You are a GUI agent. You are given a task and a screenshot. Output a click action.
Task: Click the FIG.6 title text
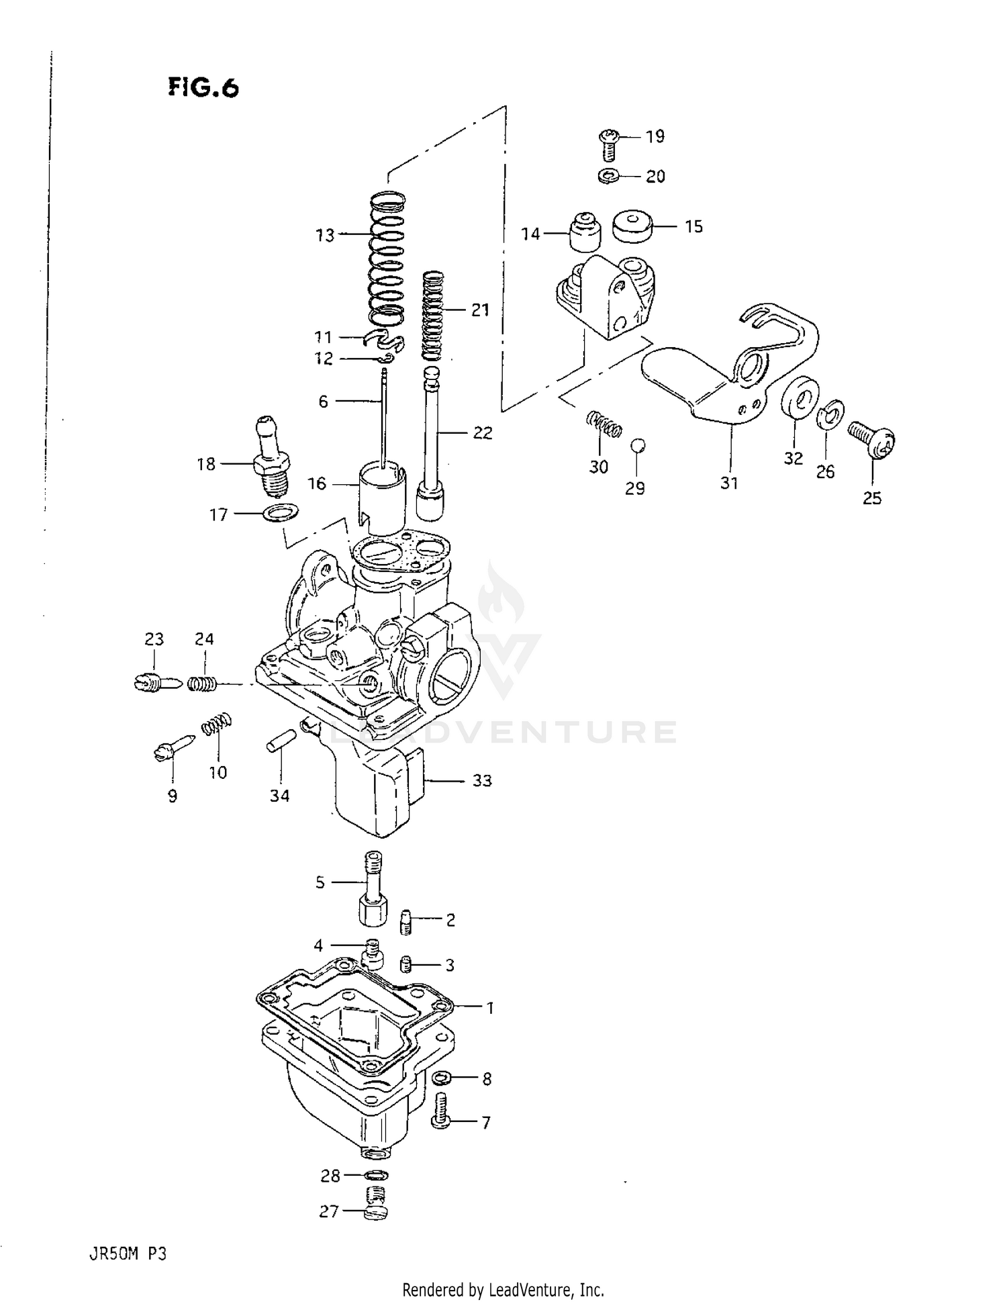click(x=203, y=87)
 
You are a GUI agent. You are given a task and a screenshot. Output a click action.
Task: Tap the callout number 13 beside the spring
click(x=325, y=235)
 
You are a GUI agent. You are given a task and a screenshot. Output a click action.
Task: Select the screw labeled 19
click(x=608, y=143)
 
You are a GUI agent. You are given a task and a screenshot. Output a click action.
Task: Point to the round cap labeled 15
click(x=633, y=227)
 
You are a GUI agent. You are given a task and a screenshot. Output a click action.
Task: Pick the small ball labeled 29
click(x=638, y=445)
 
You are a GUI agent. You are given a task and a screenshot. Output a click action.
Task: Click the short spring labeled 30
click(x=604, y=425)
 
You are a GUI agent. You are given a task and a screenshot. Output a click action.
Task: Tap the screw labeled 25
click(x=871, y=438)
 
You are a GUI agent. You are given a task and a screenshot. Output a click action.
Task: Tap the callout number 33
click(x=482, y=780)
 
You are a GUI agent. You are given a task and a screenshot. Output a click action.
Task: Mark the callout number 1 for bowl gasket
click(x=490, y=1007)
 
